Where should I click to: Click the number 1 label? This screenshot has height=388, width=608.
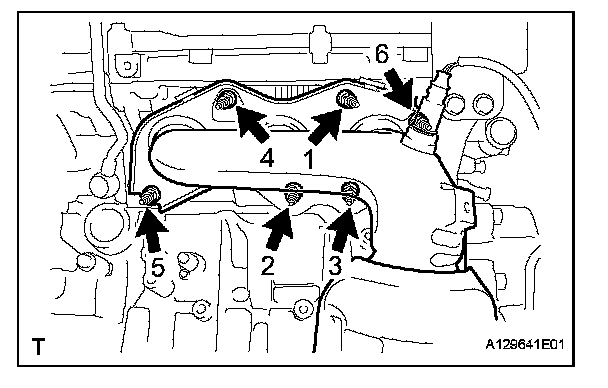[x=309, y=160]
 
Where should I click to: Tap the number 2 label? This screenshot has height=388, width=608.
[x=268, y=266]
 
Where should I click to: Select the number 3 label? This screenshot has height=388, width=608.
[x=335, y=266]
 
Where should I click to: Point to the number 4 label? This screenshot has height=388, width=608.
[x=267, y=159]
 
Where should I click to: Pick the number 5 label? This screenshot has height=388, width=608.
[x=157, y=267]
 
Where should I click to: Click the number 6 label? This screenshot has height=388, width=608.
[x=382, y=53]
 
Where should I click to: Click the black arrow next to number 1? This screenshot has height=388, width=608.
[x=325, y=125]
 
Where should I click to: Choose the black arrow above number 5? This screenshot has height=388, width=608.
[x=152, y=230]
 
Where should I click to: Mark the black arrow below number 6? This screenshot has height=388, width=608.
[x=401, y=87]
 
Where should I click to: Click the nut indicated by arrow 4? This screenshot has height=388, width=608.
[x=225, y=100]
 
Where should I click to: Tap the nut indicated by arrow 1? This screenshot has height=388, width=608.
[x=347, y=100]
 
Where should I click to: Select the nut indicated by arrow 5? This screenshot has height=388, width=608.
[x=150, y=197]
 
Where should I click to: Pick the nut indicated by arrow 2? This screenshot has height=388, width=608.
[x=293, y=194]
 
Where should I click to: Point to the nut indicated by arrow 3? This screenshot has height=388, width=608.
[x=349, y=192]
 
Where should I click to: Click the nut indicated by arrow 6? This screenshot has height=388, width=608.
[x=421, y=124]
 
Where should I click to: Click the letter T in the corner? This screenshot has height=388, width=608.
[x=38, y=346]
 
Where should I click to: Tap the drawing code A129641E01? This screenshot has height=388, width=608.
[x=525, y=344]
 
